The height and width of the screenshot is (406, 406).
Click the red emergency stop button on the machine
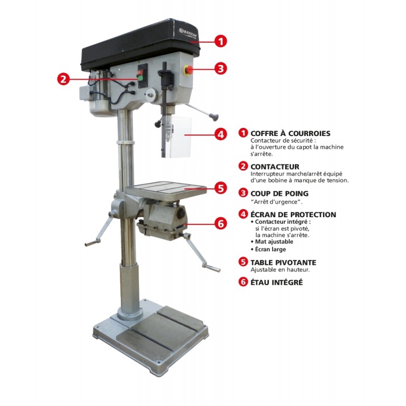188,70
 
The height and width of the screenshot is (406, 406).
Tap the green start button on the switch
141,79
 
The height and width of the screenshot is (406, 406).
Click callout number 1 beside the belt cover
221,41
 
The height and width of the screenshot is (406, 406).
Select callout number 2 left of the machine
63,79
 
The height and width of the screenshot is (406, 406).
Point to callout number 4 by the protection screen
221,134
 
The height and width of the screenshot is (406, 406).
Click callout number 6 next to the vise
221,223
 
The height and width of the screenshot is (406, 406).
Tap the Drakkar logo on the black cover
188,32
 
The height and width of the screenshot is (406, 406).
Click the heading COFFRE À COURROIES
290,133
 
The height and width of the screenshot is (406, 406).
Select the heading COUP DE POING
280,193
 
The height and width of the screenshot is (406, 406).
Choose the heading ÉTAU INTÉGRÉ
277,282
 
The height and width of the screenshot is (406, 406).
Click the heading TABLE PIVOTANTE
283,262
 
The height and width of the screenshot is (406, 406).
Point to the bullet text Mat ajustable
274,242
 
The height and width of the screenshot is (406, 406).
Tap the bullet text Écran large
270,249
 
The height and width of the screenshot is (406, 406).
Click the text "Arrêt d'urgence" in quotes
276,202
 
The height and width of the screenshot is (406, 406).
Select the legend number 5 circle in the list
243,262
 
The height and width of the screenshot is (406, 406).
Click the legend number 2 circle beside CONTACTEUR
243,166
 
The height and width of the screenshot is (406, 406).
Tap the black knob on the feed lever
215,117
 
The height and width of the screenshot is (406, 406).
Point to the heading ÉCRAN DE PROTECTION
293,215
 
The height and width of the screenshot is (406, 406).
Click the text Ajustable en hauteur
280,270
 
